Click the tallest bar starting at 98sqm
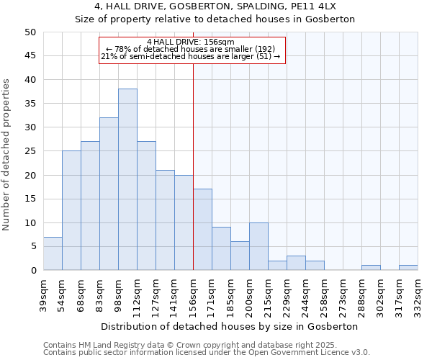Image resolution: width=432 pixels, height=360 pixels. [x=127, y=180]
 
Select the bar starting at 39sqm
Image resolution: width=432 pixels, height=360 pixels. [x=53, y=253]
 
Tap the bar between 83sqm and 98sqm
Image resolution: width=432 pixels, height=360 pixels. [x=109, y=194]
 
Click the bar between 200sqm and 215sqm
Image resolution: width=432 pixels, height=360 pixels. [x=258, y=246]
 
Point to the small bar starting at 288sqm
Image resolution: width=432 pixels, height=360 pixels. [x=371, y=268]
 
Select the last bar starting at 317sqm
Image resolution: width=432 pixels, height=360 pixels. [x=408, y=268]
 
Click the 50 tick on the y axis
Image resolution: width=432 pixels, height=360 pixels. [x=30, y=32]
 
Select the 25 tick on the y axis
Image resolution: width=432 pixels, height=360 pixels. [x=30, y=151]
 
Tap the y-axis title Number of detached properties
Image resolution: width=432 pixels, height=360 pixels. [x=7, y=155]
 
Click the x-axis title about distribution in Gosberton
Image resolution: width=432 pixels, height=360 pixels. [x=230, y=326]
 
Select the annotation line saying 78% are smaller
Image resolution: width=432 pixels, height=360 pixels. [x=190, y=49]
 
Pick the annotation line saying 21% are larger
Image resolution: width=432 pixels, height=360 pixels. [x=190, y=56]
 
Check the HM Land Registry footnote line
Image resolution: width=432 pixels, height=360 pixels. [x=190, y=345]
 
